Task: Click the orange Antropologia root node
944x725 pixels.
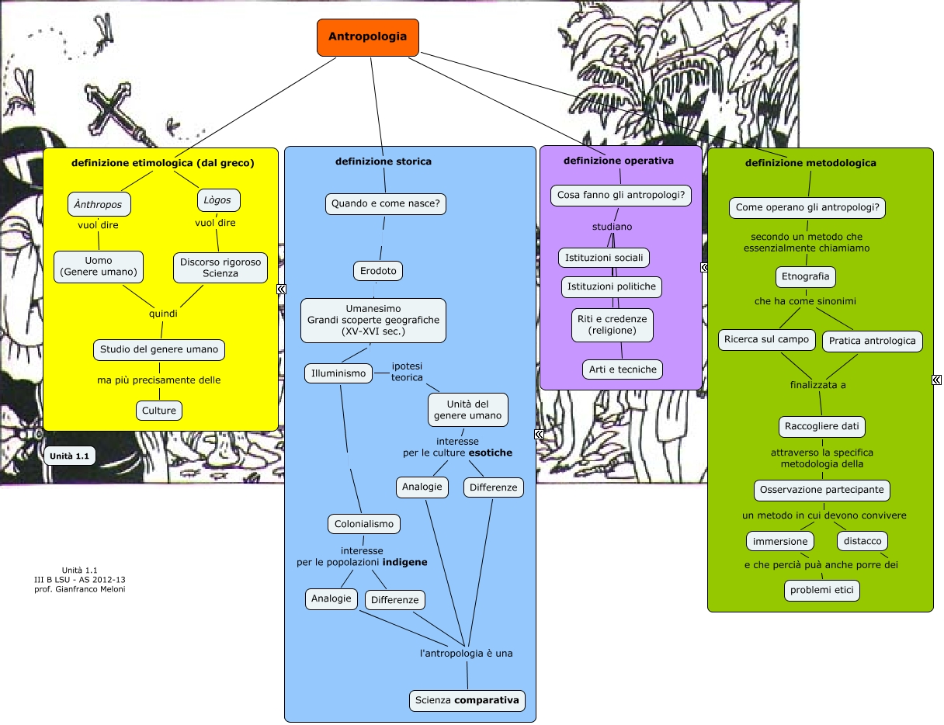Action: click(367, 37)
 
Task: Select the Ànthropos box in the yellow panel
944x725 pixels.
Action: click(99, 204)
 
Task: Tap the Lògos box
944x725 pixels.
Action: click(218, 200)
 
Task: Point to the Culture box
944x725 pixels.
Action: click(159, 410)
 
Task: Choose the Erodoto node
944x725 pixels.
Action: click(378, 271)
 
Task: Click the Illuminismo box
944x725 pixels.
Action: click(338, 373)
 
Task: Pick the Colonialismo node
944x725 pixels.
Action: click(364, 524)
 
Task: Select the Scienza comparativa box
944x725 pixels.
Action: click(467, 701)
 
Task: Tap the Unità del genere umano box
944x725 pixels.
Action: click(467, 410)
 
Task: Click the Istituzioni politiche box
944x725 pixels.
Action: click(612, 286)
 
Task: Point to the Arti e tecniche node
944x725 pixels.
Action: click(623, 369)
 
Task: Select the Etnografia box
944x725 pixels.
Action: click(806, 276)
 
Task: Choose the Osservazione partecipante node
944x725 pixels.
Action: click(821, 491)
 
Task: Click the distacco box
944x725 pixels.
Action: click(862, 541)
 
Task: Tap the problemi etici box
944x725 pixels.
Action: click(821, 591)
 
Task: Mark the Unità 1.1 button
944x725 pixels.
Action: click(70, 456)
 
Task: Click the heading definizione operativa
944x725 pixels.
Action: click(618, 161)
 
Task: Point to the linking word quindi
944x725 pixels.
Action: click(163, 314)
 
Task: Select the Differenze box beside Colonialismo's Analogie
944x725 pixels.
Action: click(394, 600)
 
